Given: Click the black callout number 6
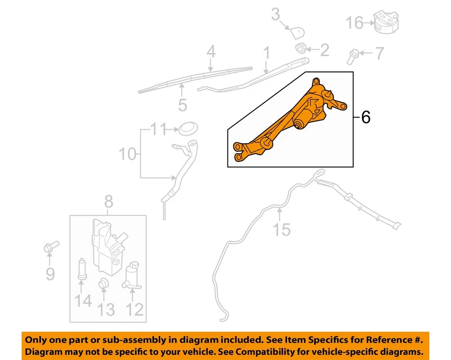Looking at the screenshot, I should coord(365,117).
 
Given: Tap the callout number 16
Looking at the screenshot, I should coord(355,23).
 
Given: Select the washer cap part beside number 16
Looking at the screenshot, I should coord(385,22).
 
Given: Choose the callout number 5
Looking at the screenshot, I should coord(182,104).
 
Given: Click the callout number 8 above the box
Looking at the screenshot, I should coord(108,202).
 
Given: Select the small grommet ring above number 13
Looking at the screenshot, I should coord(104,283).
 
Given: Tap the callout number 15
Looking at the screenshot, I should coord(282,229).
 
